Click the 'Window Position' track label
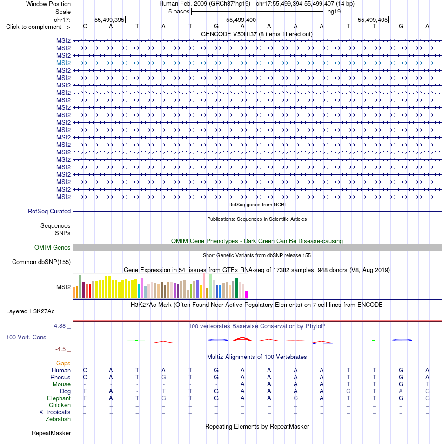(x=48, y=4)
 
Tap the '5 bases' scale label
(x=179, y=12)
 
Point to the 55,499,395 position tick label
(x=109, y=20)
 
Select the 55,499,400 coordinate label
(x=241, y=20)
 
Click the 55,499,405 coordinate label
(x=373, y=20)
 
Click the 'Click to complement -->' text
(x=38, y=27)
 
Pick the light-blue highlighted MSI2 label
(x=63, y=63)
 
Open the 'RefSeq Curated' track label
(x=49, y=211)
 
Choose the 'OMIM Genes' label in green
(x=53, y=247)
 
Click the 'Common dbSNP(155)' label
(x=41, y=262)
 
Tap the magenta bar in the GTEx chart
(x=247, y=294)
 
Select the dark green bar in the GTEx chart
(x=236, y=288)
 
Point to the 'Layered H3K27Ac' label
(x=30, y=311)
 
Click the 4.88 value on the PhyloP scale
(x=60, y=326)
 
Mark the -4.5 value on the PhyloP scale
(x=60, y=349)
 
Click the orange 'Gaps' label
(x=63, y=363)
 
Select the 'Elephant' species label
(x=59, y=398)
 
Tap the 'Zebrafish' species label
(x=58, y=419)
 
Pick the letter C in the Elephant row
(x=295, y=398)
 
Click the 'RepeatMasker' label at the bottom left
(x=51, y=433)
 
